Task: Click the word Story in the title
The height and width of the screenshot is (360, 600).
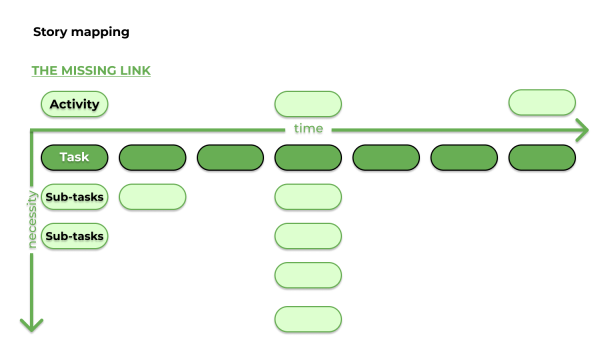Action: tap(50, 32)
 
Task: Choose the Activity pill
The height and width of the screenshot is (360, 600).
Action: tap(74, 103)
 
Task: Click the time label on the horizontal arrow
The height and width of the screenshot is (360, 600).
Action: tap(308, 130)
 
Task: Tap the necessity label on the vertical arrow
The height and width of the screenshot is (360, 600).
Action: tap(32, 220)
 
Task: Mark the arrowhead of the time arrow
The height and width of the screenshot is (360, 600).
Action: tap(581, 130)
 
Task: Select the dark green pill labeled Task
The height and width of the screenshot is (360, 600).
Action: tap(74, 157)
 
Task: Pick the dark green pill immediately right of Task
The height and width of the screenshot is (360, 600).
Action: tap(152, 157)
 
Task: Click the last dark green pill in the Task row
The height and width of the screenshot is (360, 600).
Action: tap(542, 157)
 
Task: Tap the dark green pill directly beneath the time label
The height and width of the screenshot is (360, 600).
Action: tap(308, 157)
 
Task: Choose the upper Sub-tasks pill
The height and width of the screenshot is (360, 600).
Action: tap(74, 197)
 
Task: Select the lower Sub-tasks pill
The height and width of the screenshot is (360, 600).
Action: tap(74, 236)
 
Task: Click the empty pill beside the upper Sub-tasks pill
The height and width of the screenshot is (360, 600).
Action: tap(152, 197)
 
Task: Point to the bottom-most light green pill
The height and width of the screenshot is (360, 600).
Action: tap(308, 319)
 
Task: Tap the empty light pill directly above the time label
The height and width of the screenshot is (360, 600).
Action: tap(308, 103)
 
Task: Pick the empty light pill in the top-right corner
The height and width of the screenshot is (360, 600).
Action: tap(542, 102)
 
